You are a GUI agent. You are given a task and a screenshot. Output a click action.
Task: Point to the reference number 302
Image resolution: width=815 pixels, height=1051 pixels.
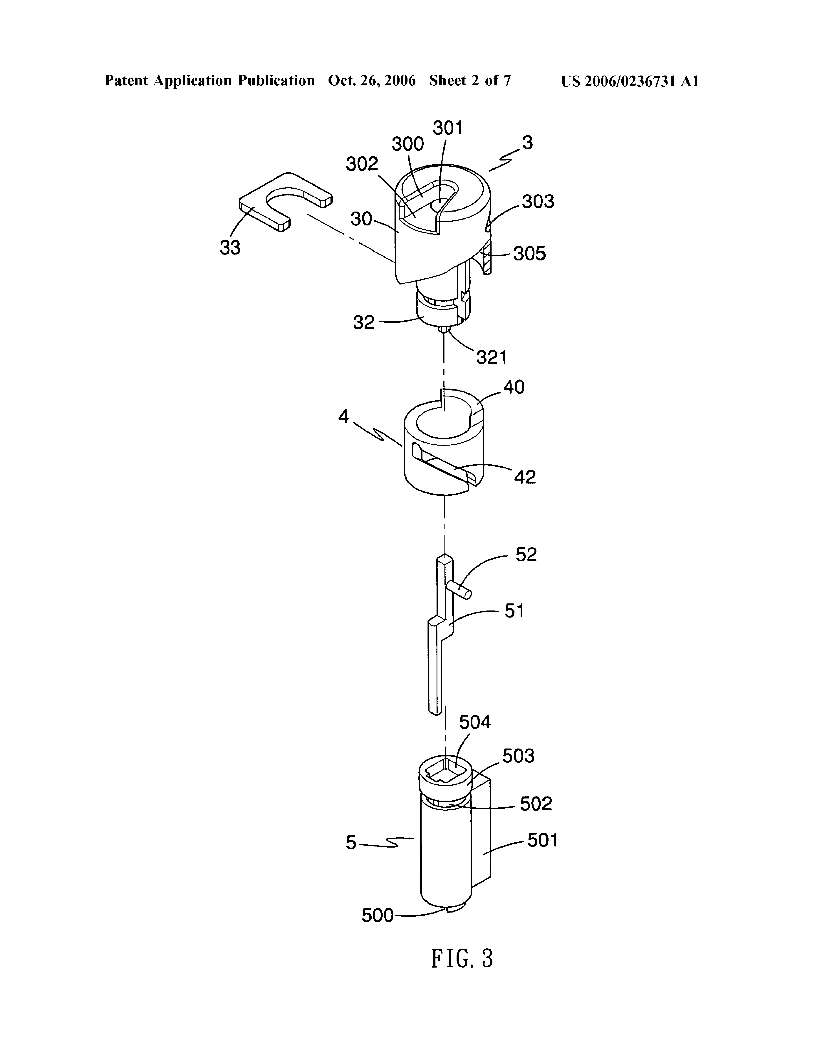pos(362,165)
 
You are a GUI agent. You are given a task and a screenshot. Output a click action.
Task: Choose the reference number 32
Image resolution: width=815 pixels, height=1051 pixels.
pos(364,322)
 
